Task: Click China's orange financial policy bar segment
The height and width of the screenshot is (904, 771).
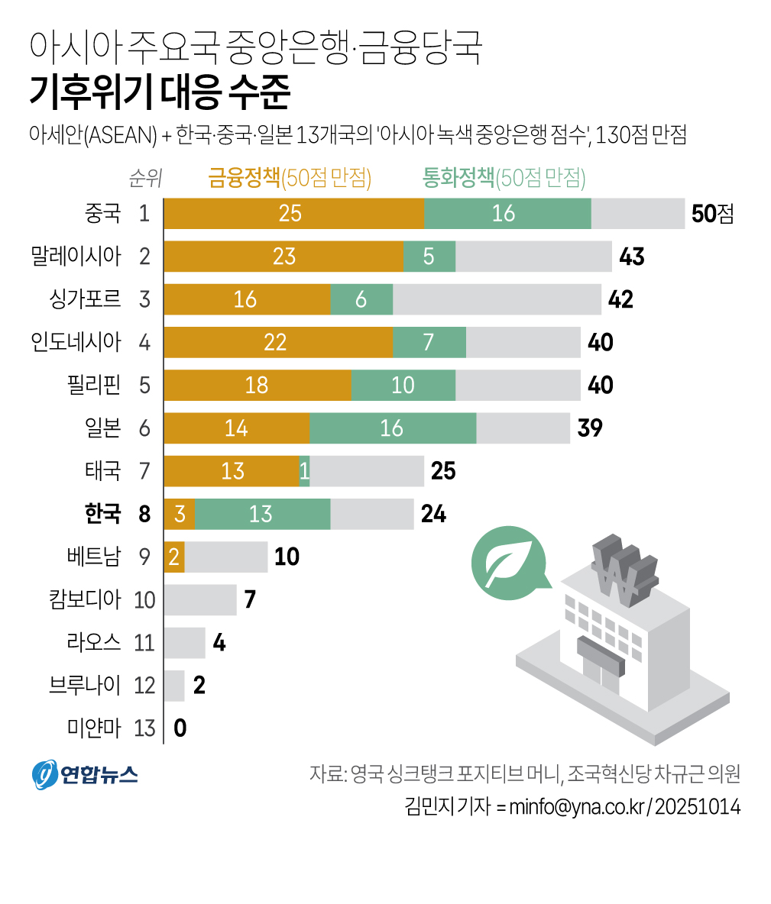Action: [x=293, y=213]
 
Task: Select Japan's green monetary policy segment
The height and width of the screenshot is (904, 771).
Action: [x=393, y=428]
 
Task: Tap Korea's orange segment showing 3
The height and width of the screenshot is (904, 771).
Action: [x=180, y=514]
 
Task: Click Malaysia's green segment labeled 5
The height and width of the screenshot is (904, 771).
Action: [x=429, y=257]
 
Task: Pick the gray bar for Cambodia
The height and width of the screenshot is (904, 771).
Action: [x=200, y=599]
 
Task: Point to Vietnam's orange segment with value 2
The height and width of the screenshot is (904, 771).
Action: [x=174, y=557]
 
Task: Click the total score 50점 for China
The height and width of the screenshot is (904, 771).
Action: [x=712, y=214]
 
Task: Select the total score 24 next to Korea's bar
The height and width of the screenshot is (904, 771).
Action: [x=433, y=514]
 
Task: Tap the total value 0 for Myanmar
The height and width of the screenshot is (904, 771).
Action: [x=180, y=728]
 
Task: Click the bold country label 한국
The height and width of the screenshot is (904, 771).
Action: [x=102, y=514]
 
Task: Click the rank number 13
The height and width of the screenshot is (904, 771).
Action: [x=144, y=728]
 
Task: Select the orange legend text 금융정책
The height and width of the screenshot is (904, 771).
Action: [x=244, y=179]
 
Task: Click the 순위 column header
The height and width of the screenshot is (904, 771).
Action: [x=145, y=179]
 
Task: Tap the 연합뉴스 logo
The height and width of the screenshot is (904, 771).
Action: [x=85, y=775]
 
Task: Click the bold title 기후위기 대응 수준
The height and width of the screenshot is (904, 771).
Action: [x=160, y=93]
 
